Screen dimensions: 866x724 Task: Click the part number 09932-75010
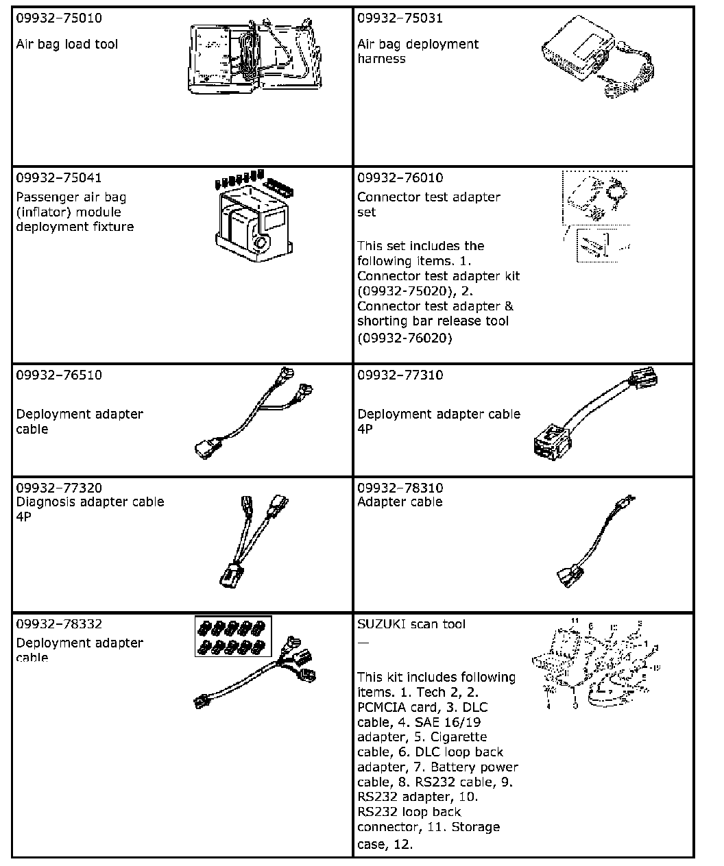[59, 18]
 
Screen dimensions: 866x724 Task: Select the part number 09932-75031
[400, 18]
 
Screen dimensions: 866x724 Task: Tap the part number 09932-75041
[59, 178]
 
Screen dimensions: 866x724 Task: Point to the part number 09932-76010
[400, 178]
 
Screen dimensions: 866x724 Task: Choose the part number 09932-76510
[59, 375]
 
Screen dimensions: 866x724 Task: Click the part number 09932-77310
[400, 375]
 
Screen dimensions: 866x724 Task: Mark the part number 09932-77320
[59, 488]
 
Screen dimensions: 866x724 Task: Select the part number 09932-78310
[400, 488]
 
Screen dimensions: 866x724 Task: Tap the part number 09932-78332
[59, 624]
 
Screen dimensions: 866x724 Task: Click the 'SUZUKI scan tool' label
[411, 624]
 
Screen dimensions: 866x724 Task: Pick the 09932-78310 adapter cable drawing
[596, 545]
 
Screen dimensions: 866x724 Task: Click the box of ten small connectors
[233, 636]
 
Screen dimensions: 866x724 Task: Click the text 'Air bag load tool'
[67, 45]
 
